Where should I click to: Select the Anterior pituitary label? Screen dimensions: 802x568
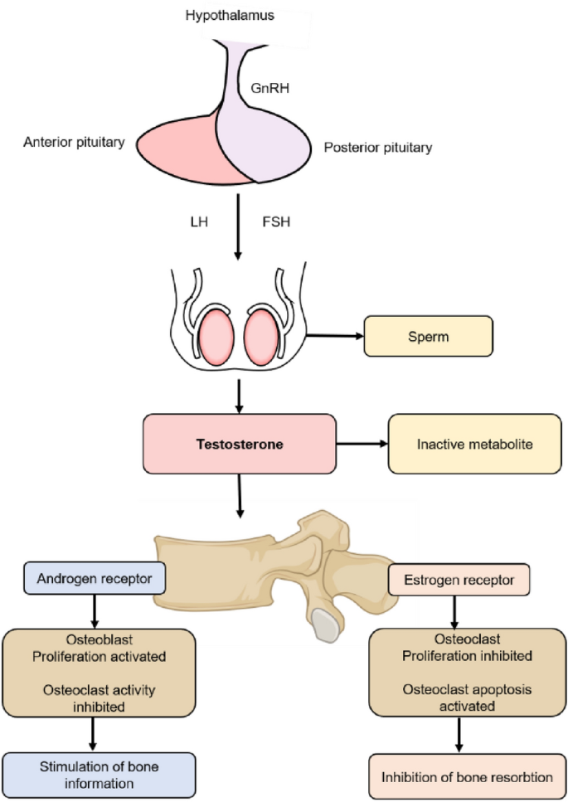click(x=75, y=143)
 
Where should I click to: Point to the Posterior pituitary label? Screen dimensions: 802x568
click(x=376, y=148)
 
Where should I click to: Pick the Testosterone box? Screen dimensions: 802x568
click(x=240, y=445)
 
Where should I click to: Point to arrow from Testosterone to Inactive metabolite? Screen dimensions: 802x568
click(x=362, y=445)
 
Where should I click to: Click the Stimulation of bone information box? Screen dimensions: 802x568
click(x=99, y=775)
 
